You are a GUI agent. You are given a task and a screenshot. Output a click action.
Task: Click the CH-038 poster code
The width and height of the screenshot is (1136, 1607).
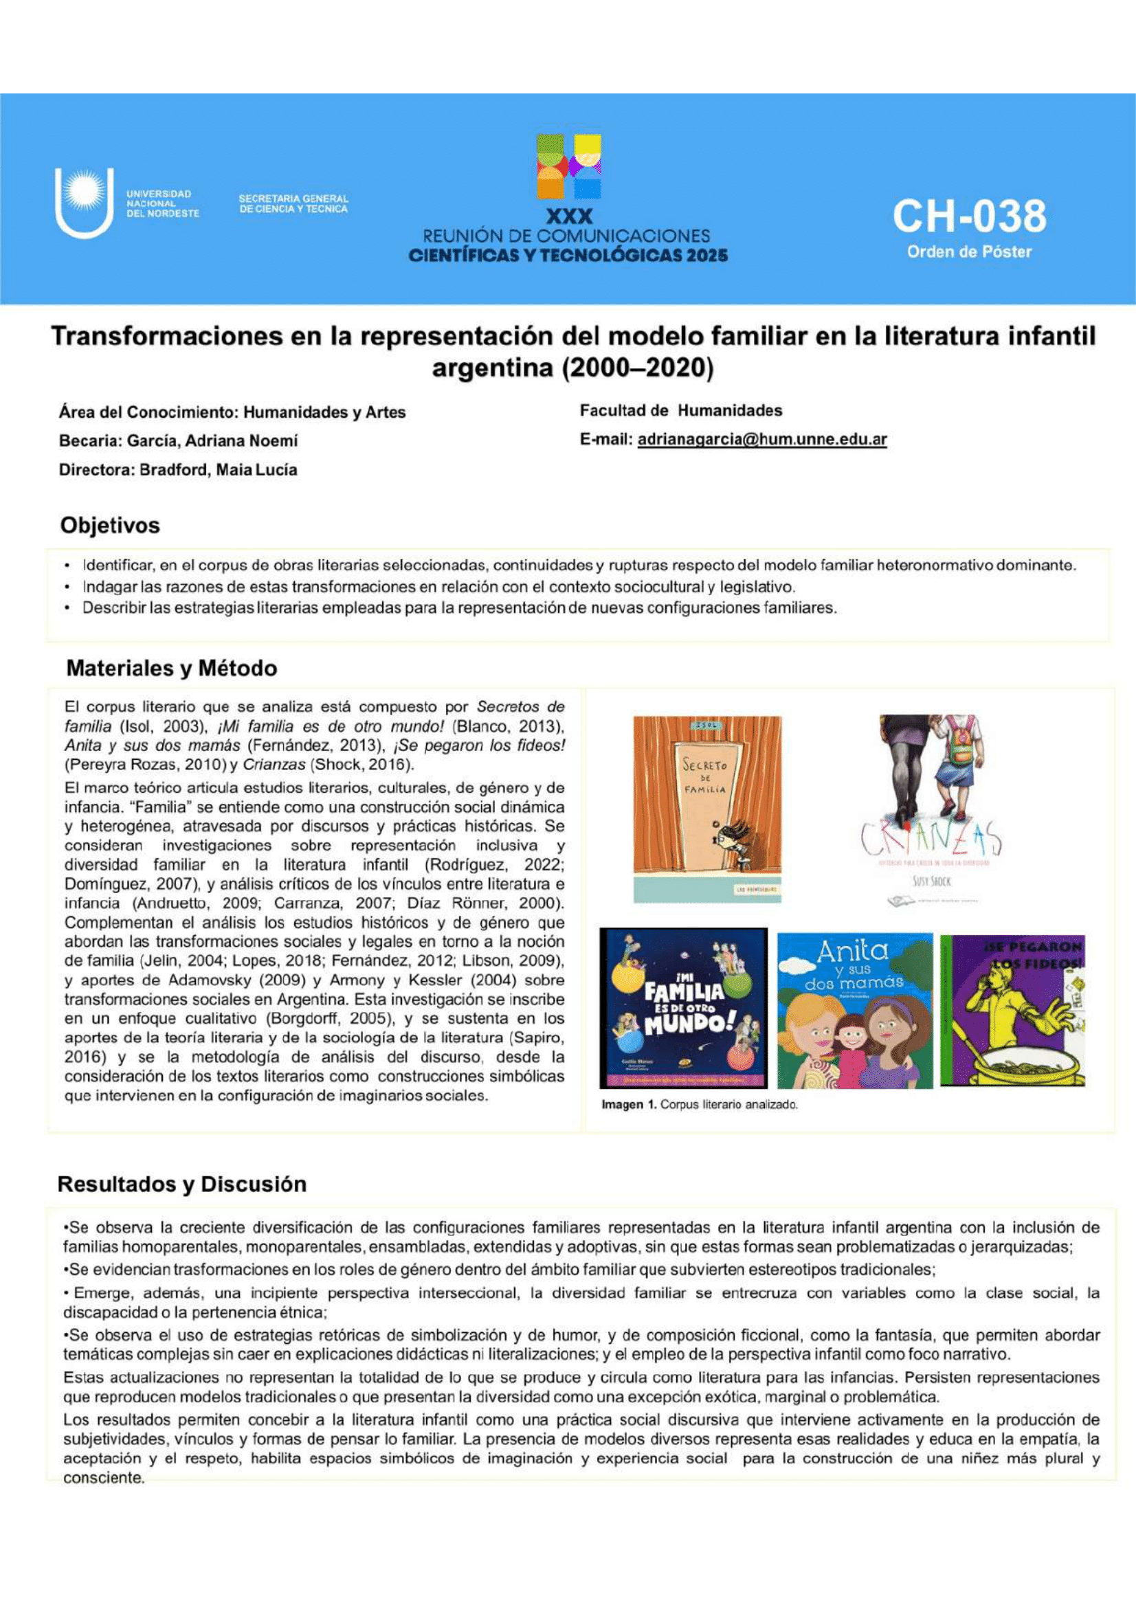coord(969,216)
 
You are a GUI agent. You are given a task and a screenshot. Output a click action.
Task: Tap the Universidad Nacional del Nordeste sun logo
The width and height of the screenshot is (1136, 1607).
coord(84,203)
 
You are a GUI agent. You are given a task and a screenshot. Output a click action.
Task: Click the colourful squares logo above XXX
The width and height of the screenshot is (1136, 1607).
coord(568,166)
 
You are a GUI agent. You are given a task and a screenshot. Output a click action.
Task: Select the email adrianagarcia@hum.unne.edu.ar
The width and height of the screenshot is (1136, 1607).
coord(761,440)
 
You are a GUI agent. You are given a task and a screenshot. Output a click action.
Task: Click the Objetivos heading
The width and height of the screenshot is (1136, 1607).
coord(110,525)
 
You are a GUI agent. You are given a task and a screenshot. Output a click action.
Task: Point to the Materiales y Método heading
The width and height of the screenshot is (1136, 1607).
coord(172,668)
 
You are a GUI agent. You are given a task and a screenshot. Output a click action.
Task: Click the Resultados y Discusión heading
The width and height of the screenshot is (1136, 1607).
coord(182,1184)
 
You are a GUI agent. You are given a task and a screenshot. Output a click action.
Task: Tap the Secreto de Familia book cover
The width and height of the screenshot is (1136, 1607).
coord(707,809)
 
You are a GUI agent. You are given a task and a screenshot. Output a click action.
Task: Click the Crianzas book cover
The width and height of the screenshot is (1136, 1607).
coord(931,809)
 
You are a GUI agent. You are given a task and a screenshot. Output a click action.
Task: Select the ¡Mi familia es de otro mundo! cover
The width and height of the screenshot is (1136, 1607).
coord(683,1008)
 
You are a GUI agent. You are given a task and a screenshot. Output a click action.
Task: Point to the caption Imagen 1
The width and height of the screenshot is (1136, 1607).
coord(699,1105)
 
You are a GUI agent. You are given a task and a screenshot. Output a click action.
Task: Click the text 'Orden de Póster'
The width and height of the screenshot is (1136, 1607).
coord(969,252)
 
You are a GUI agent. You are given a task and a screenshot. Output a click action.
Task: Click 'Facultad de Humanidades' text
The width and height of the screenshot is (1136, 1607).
coord(680,411)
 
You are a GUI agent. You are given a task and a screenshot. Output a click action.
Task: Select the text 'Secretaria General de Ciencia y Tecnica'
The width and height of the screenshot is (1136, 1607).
coord(293,203)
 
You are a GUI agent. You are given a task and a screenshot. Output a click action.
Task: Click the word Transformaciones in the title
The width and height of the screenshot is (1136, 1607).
coord(162,336)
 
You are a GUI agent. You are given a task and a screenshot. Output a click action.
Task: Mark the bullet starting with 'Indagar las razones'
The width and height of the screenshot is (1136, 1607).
coord(439,587)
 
